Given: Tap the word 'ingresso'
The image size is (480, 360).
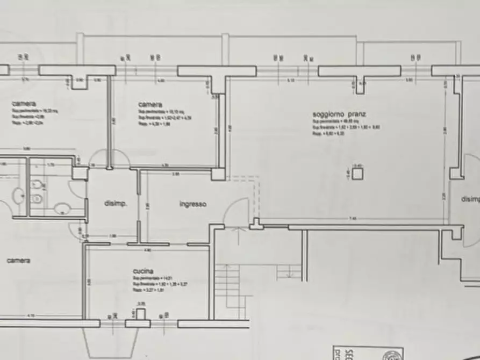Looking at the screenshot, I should click(x=193, y=204).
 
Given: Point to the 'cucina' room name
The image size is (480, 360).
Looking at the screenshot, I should click(x=143, y=271).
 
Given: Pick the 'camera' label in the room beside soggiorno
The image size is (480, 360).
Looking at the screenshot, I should click(x=150, y=104).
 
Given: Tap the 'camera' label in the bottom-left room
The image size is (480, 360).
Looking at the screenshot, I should click(x=18, y=261).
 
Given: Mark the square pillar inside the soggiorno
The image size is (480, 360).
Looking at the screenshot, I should click(x=359, y=172).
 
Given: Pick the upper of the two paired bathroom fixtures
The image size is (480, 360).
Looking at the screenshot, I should click(x=37, y=185).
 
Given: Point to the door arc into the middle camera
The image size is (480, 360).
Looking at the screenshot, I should click(x=119, y=159).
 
